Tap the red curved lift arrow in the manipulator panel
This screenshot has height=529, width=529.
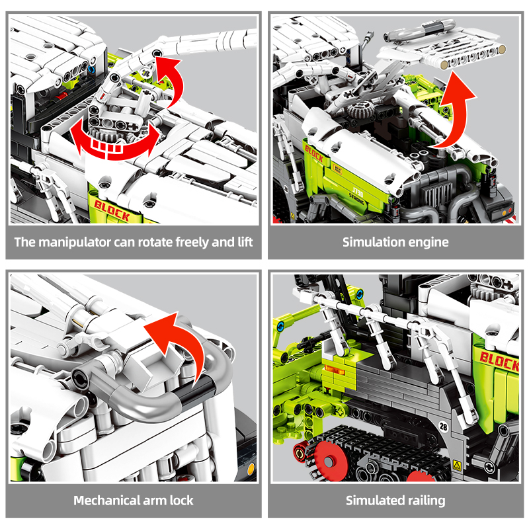[x=172, y=79]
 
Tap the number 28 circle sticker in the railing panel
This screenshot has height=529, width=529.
[x=444, y=427]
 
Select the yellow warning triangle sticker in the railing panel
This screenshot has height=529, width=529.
[x=457, y=466]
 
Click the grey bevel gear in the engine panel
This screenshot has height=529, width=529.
[x=358, y=110]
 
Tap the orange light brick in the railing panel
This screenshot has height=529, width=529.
[x=334, y=370]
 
